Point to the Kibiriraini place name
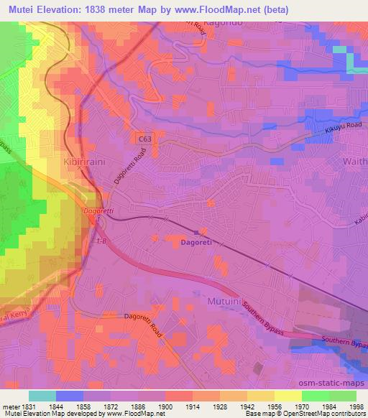85,163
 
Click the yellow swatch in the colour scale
287,396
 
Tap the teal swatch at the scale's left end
42,396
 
